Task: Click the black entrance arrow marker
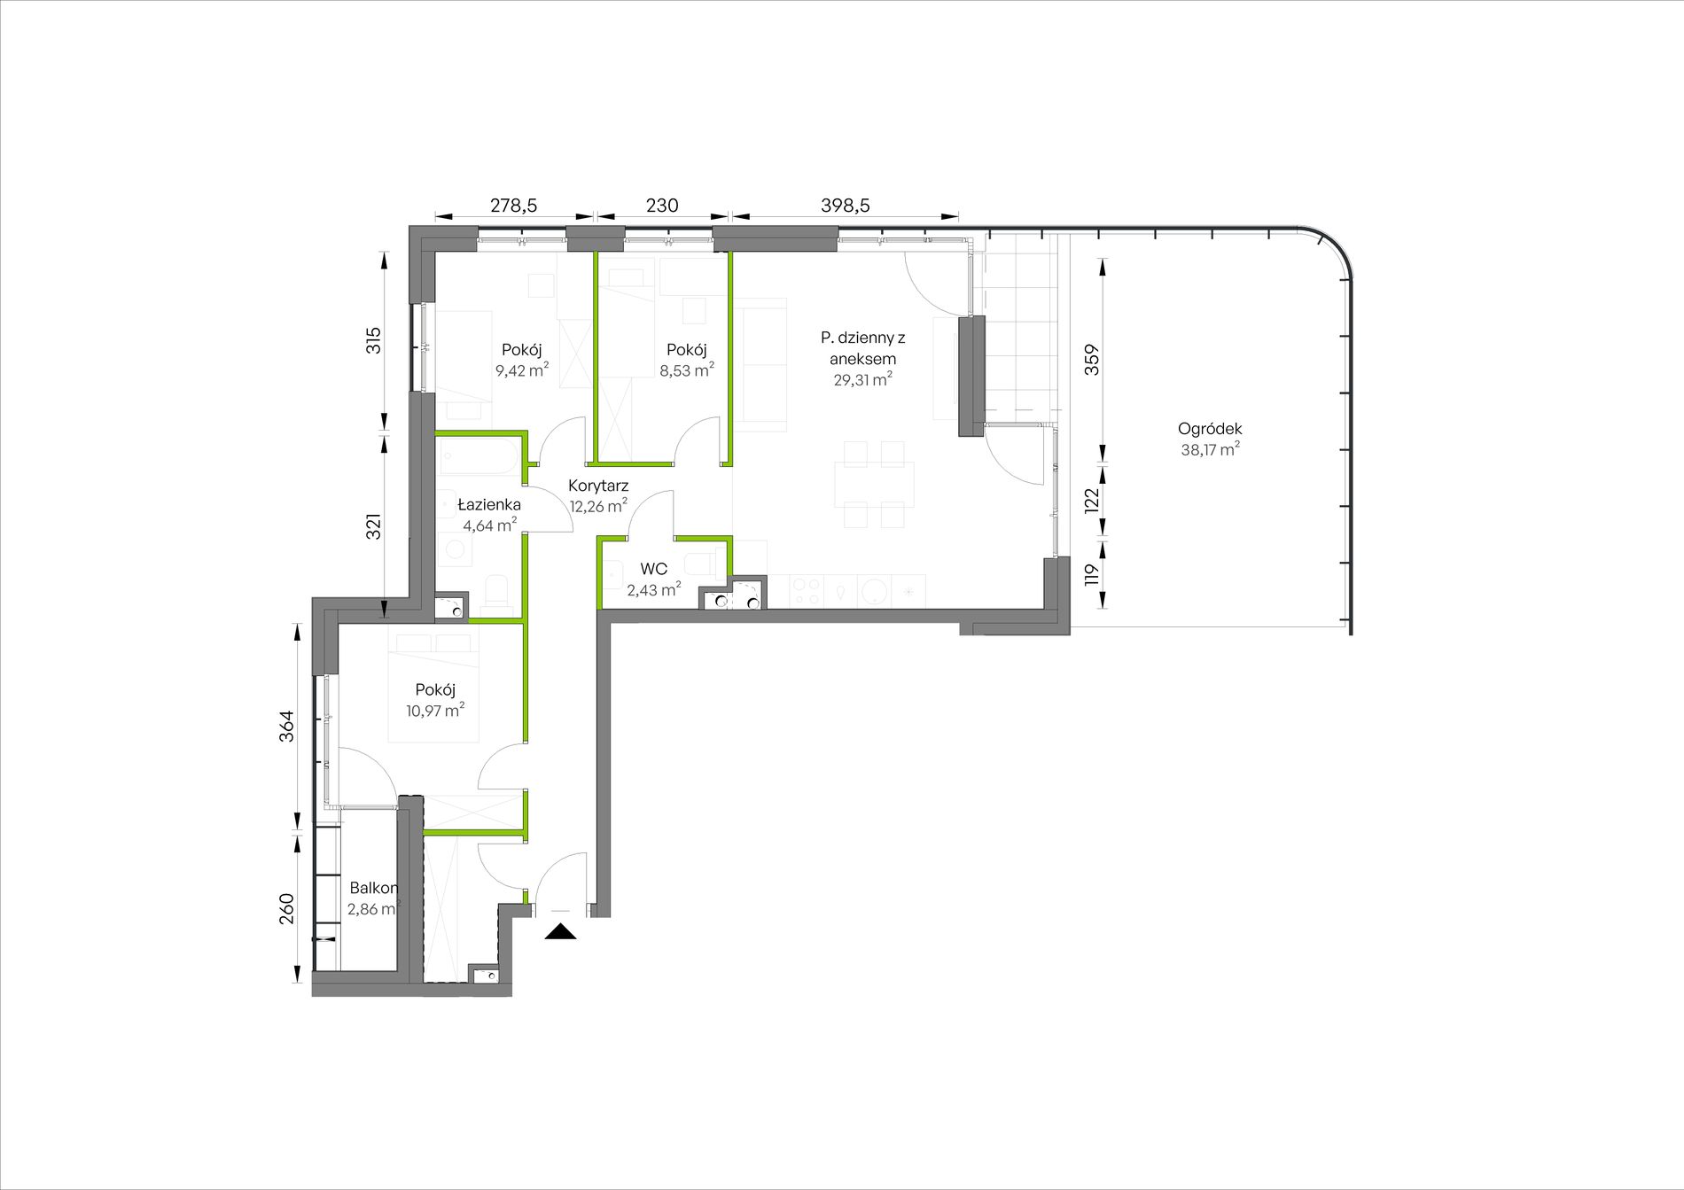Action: pyautogui.click(x=560, y=930)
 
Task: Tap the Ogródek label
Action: pyautogui.click(x=1210, y=429)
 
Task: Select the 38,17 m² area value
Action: pyautogui.click(x=1210, y=449)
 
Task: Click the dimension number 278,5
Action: pyautogui.click(x=514, y=206)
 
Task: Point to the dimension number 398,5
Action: pyautogui.click(x=846, y=206)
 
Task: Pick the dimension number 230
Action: pyautogui.click(x=662, y=206)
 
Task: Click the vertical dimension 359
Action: pyautogui.click(x=1092, y=360)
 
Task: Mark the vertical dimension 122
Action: pyautogui.click(x=1092, y=501)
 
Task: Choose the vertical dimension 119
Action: pyautogui.click(x=1092, y=574)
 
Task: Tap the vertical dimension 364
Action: pyautogui.click(x=286, y=727)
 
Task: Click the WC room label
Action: pyautogui.click(x=654, y=569)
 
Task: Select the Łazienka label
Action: pyautogui.click(x=489, y=505)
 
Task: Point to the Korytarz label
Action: pyautogui.click(x=598, y=486)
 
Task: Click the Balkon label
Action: pyautogui.click(x=373, y=888)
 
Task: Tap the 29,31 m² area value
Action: pyautogui.click(x=862, y=379)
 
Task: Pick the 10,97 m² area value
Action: pyautogui.click(x=435, y=710)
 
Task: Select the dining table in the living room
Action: pyautogui.click(x=874, y=484)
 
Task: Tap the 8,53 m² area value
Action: pyautogui.click(x=687, y=370)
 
